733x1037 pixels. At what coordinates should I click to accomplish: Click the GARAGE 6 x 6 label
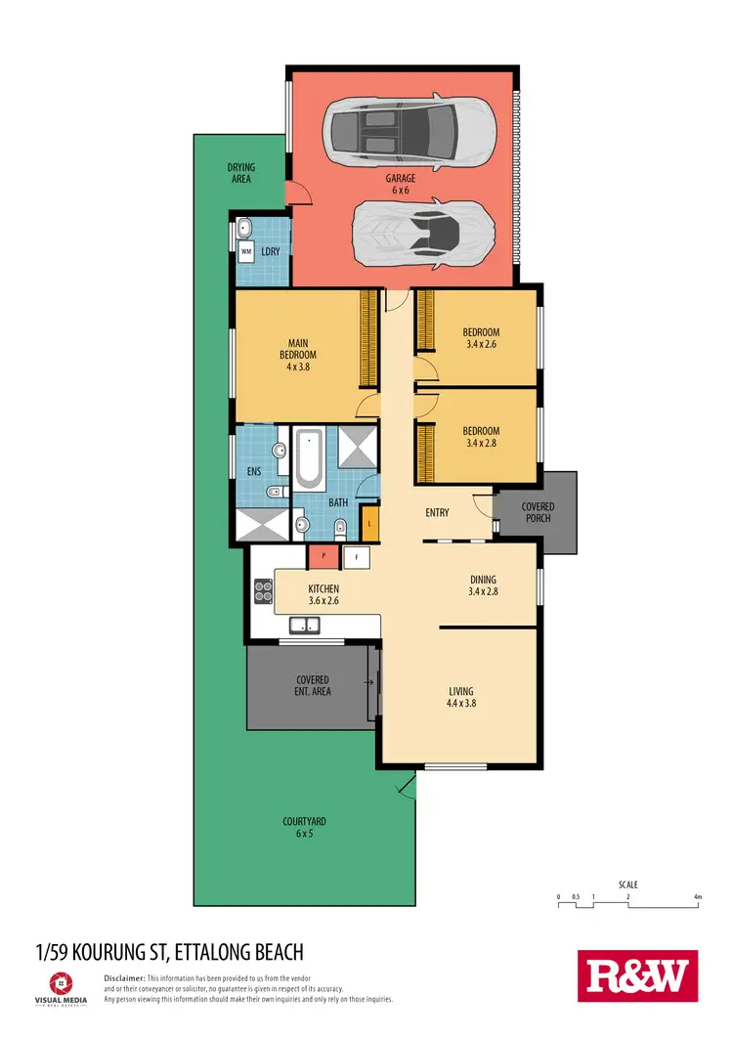tap(400, 185)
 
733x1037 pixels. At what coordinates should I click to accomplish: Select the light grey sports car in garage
tap(420, 234)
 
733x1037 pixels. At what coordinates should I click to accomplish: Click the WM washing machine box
tap(247, 252)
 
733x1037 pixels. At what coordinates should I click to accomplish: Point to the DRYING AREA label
tap(240, 174)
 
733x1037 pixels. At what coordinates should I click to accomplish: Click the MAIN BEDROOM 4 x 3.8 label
tap(298, 354)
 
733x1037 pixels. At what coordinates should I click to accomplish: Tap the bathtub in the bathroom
tap(310, 459)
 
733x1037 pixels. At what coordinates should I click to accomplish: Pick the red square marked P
tap(323, 556)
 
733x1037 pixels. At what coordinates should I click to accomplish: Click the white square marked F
tap(357, 556)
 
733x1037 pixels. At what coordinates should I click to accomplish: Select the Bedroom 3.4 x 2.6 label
tap(481, 338)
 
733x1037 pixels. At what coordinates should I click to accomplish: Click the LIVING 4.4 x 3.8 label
tap(466, 695)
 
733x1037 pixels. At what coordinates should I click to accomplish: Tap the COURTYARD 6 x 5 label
tap(304, 828)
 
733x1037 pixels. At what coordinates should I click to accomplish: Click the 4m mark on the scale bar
tap(697, 896)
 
